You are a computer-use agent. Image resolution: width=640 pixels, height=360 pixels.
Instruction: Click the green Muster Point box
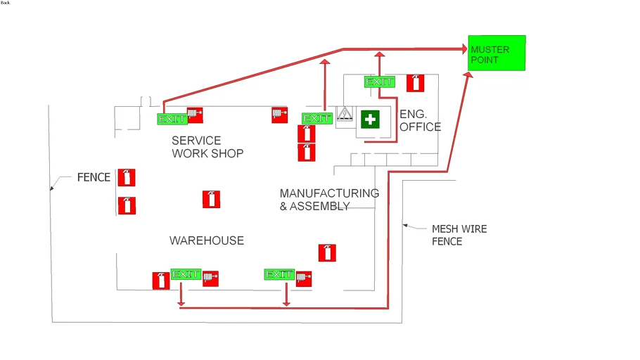pos(497,53)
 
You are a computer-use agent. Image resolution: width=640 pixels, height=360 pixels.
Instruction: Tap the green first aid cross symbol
pos(370,120)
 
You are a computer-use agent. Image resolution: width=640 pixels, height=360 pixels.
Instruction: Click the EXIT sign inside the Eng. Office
pos(379,82)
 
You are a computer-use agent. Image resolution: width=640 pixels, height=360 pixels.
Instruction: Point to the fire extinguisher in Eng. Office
pos(415,83)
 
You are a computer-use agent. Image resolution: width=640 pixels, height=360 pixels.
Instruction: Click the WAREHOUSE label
pos(207,240)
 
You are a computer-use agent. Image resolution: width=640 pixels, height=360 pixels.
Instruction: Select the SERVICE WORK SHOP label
pos(207,147)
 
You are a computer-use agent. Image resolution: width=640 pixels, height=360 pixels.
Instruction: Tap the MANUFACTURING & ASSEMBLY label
pos(329,200)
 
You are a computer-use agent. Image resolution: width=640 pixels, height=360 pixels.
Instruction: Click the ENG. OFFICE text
pos(420,121)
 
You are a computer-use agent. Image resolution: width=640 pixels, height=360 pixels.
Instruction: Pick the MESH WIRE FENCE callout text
pos(459,235)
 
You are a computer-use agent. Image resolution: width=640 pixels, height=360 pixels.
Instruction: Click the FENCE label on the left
pos(94,178)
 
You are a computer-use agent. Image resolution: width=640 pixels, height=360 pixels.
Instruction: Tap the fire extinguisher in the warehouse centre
pos(211,199)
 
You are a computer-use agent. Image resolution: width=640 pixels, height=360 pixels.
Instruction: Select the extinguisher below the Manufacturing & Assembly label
pos(326,252)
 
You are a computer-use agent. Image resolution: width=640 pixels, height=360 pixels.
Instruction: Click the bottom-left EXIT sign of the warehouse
pos(186,274)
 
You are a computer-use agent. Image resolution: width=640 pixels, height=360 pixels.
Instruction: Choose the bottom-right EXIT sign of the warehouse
pos(279,274)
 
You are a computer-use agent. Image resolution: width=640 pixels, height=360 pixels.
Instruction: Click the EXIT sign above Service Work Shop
pos(172,119)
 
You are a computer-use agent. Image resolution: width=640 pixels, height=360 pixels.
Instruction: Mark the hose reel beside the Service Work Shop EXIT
pos(195,115)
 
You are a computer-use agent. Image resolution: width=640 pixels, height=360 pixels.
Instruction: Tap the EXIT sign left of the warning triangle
pos(316,119)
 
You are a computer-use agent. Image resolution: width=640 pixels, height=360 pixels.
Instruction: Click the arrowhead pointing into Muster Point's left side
pos(464,49)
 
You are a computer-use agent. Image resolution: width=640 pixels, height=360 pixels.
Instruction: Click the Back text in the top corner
pos(6,3)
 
